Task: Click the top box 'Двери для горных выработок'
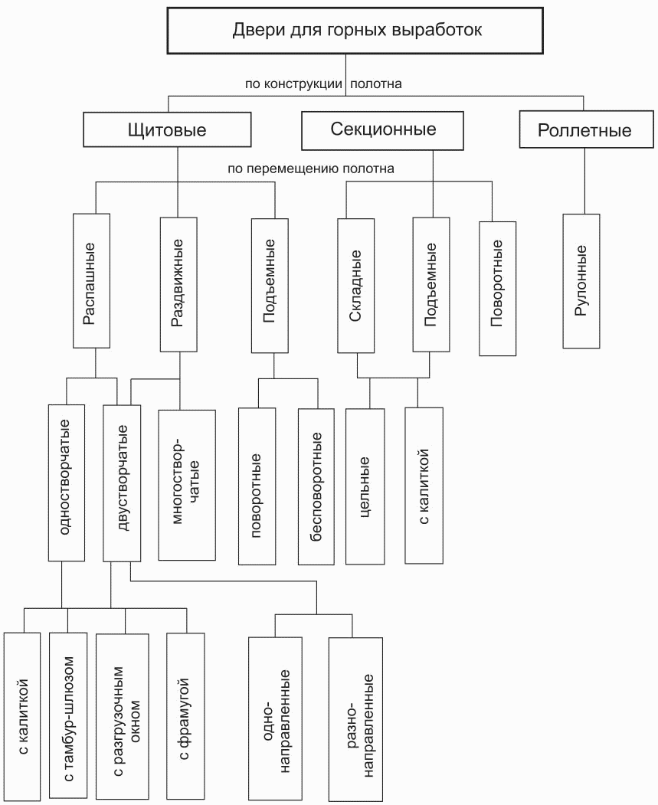point(355,31)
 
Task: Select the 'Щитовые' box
point(167,129)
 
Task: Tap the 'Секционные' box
point(382,130)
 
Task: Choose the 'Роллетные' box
point(585,129)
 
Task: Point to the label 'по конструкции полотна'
point(323,83)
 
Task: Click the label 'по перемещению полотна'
point(311,169)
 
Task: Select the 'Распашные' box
point(91,281)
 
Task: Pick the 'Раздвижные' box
point(178,284)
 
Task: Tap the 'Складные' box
point(356,286)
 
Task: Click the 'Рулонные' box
point(581,281)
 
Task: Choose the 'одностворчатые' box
point(67,483)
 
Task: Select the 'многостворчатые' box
point(187,485)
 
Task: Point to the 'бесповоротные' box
point(316,486)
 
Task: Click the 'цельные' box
point(365,486)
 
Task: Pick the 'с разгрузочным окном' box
point(122,717)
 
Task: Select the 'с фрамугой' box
point(186,717)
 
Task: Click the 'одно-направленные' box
point(275,718)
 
